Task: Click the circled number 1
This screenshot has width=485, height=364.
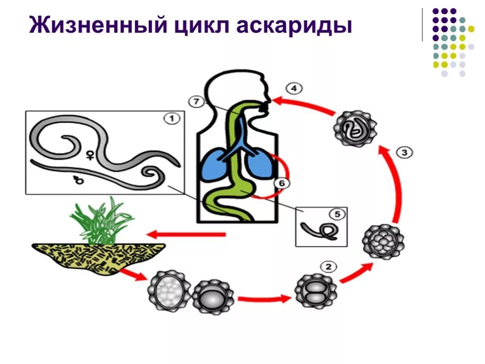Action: pyautogui.click(x=171, y=119)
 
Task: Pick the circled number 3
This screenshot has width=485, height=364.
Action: pyautogui.click(x=404, y=152)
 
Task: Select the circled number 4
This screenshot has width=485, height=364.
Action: pyautogui.click(x=295, y=88)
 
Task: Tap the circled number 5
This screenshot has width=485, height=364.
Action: pyautogui.click(x=337, y=215)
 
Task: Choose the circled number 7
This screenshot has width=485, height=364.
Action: pyautogui.click(x=195, y=101)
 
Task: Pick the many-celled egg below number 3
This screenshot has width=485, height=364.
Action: pyautogui.click(x=383, y=242)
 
